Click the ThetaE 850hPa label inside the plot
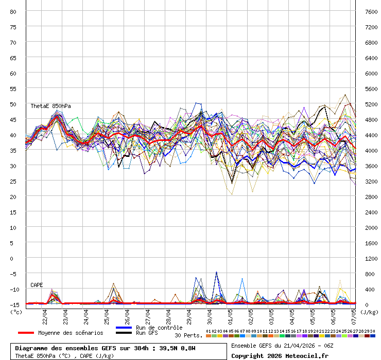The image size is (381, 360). pos(50,106)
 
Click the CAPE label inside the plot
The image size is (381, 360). pos(37,285)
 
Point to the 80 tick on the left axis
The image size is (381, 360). pos(13,11)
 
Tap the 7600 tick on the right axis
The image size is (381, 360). pos(371,11)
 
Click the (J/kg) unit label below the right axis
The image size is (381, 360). pos(369,312)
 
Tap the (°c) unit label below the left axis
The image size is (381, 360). pos(16,312)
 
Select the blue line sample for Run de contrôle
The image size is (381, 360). pos(124,328)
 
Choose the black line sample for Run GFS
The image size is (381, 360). pos(124,333)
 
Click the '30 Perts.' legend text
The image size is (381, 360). pos(188,335)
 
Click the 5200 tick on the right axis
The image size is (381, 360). pos(371,104)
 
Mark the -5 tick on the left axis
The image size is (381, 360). pos(13,274)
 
